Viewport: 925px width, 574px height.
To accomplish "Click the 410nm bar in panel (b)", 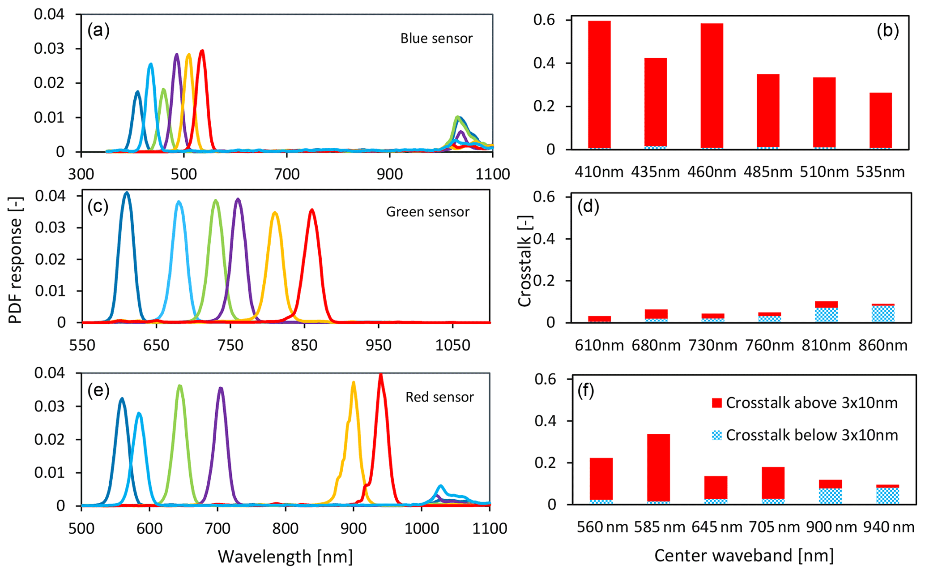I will point(599,85).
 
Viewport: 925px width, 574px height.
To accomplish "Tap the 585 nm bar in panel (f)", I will point(658,469).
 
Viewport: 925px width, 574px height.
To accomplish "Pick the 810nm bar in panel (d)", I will point(826,312).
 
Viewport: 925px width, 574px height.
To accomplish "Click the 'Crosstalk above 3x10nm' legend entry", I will point(804,403).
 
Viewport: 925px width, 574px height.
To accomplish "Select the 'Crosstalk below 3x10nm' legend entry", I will point(804,435).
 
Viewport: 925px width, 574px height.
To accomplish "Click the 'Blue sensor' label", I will point(436,39).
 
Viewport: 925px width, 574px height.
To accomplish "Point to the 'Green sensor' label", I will point(427,212).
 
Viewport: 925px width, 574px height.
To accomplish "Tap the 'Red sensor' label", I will point(439,397).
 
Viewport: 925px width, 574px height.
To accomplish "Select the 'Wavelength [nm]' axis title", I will point(285,557).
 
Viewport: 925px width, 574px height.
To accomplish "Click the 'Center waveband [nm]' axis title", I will point(744,556).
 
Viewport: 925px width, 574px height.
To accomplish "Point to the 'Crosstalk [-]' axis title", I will point(524,259).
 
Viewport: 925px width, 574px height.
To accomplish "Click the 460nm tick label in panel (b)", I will point(712,172).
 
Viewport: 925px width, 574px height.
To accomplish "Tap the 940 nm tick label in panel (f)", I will point(889,527).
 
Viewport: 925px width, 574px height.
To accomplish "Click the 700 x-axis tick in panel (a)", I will point(286,174).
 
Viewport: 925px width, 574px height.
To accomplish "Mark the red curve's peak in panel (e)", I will point(381,375).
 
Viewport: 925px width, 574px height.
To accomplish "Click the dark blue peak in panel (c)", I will point(127,193).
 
